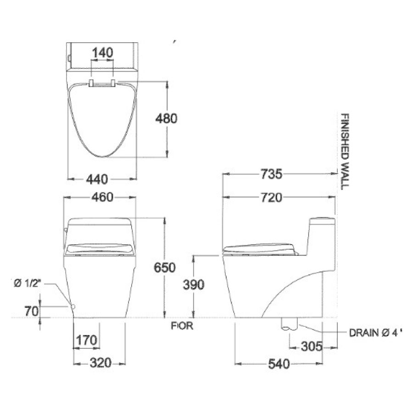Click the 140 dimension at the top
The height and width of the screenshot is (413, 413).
coord(102,53)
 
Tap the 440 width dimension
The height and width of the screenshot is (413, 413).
coord(102,178)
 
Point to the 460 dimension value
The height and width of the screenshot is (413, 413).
coord(102,197)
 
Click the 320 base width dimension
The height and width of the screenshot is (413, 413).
coord(100,363)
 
